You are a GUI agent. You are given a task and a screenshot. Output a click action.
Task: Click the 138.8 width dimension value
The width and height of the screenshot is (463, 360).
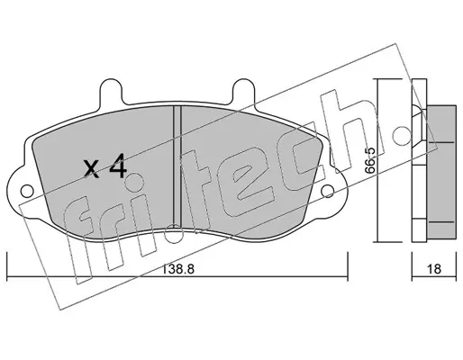(178, 268)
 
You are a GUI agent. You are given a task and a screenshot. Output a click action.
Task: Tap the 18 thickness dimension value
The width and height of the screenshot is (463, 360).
(434, 268)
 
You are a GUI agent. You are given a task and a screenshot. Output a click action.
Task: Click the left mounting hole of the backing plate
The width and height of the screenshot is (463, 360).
(27, 191)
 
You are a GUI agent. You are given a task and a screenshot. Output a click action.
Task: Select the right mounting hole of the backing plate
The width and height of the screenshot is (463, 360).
(327, 191)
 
